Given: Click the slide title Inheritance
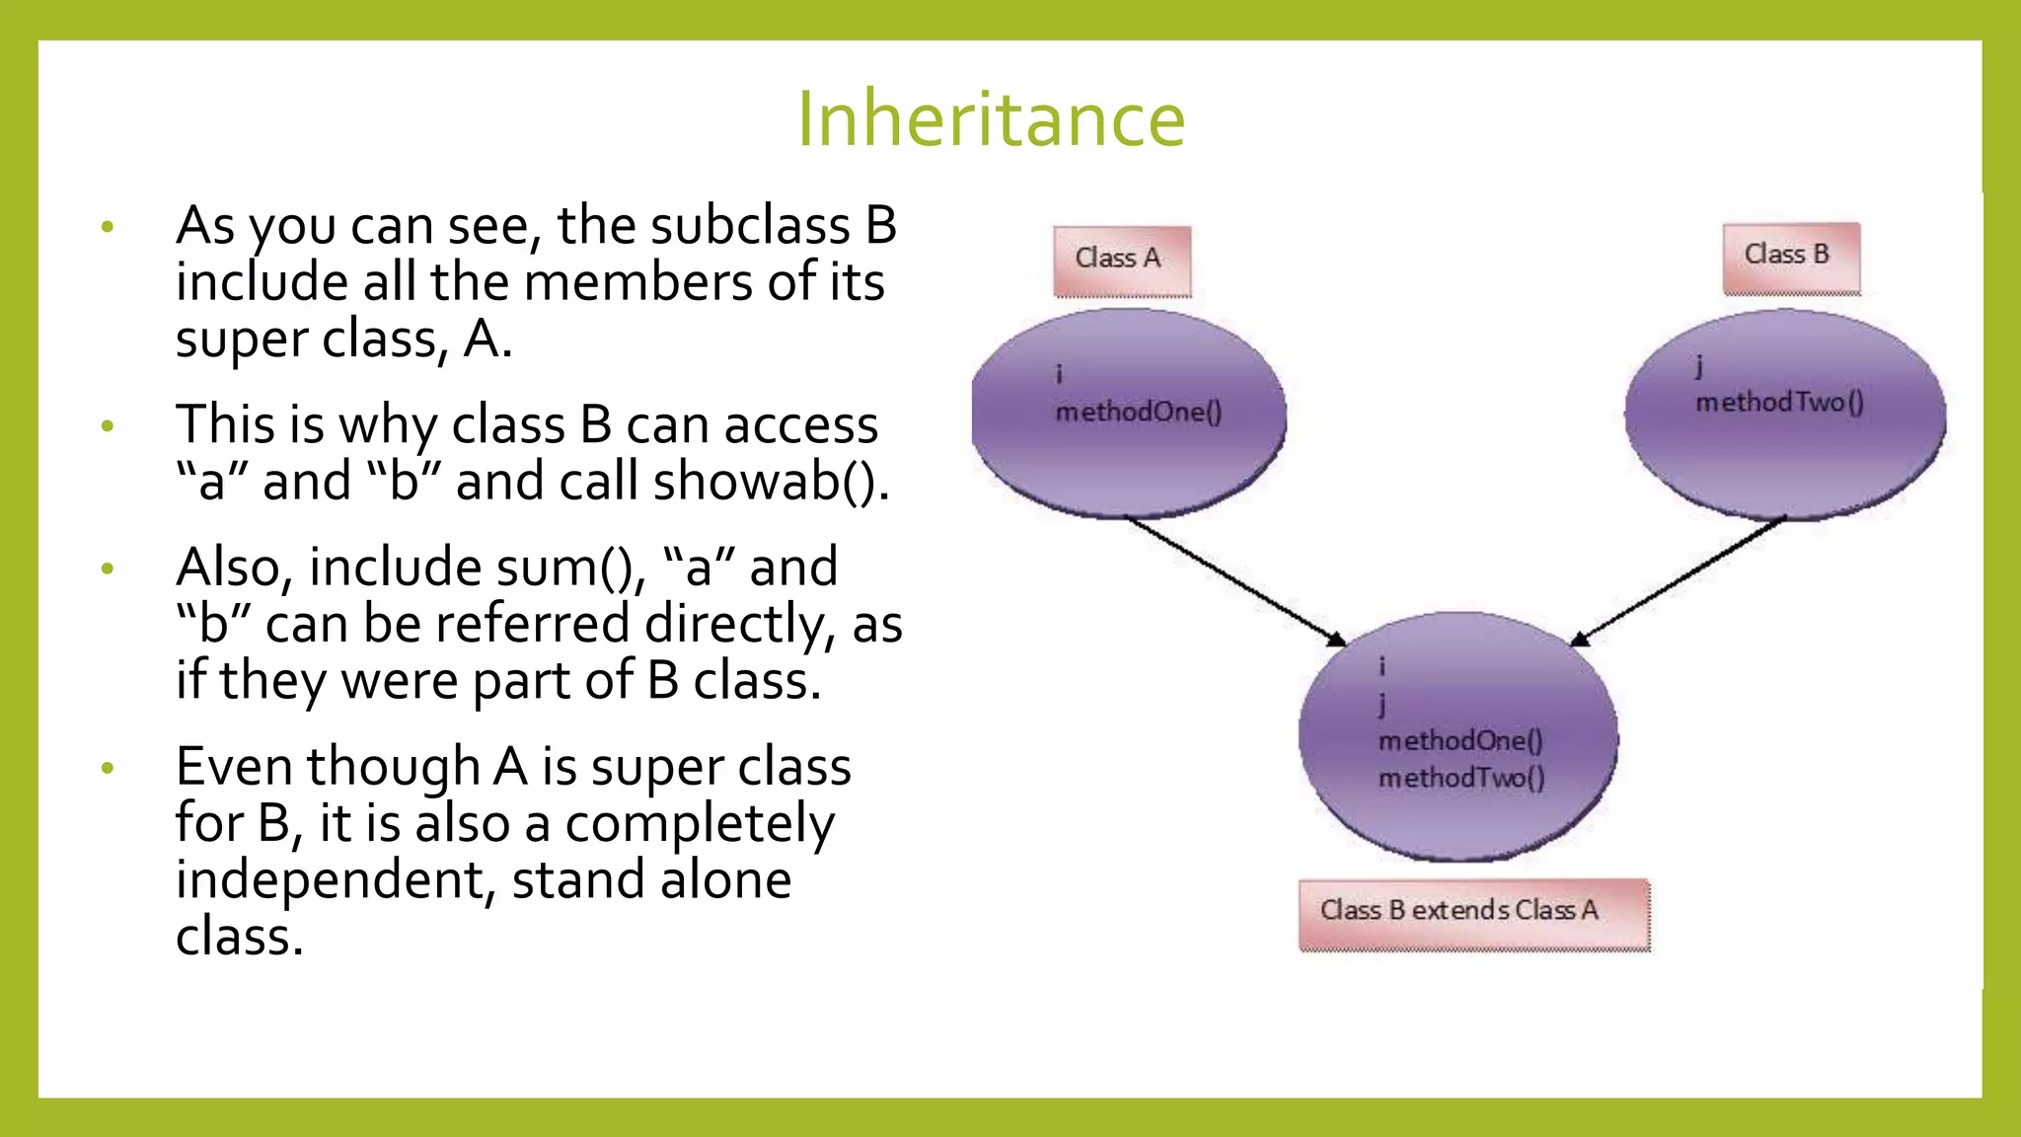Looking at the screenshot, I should click(x=991, y=118).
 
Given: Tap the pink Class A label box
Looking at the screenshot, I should click(x=1122, y=261).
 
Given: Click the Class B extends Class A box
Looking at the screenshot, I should click(x=1473, y=913).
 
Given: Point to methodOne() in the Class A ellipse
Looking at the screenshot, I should click(x=1139, y=412).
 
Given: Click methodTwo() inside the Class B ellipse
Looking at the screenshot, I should click(x=1779, y=403).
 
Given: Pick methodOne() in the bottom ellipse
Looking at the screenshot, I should click(x=1460, y=740).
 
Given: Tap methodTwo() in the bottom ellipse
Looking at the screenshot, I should click(x=1461, y=778).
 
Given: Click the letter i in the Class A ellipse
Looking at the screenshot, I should click(x=1059, y=374).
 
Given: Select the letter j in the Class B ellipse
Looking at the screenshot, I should click(x=1698, y=366).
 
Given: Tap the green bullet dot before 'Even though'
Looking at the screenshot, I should click(x=108, y=767).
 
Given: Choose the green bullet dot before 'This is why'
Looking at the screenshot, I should click(x=108, y=426).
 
